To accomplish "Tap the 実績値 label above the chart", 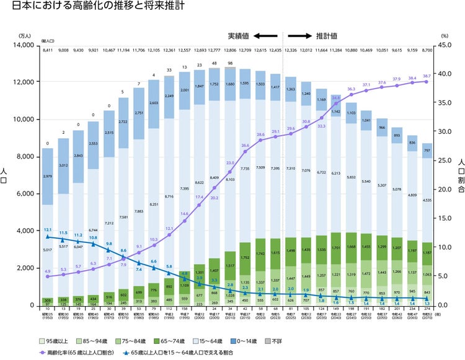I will point(239,36).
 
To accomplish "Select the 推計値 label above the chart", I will point(327,36).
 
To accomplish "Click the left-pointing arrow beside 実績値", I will point(265,36).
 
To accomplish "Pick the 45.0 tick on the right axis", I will point(448,45).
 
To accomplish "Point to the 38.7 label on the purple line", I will point(427,76).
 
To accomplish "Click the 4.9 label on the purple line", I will point(48,271).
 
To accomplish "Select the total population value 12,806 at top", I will point(231,50).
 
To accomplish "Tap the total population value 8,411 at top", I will point(48,50).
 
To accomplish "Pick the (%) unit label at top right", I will point(444,37).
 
